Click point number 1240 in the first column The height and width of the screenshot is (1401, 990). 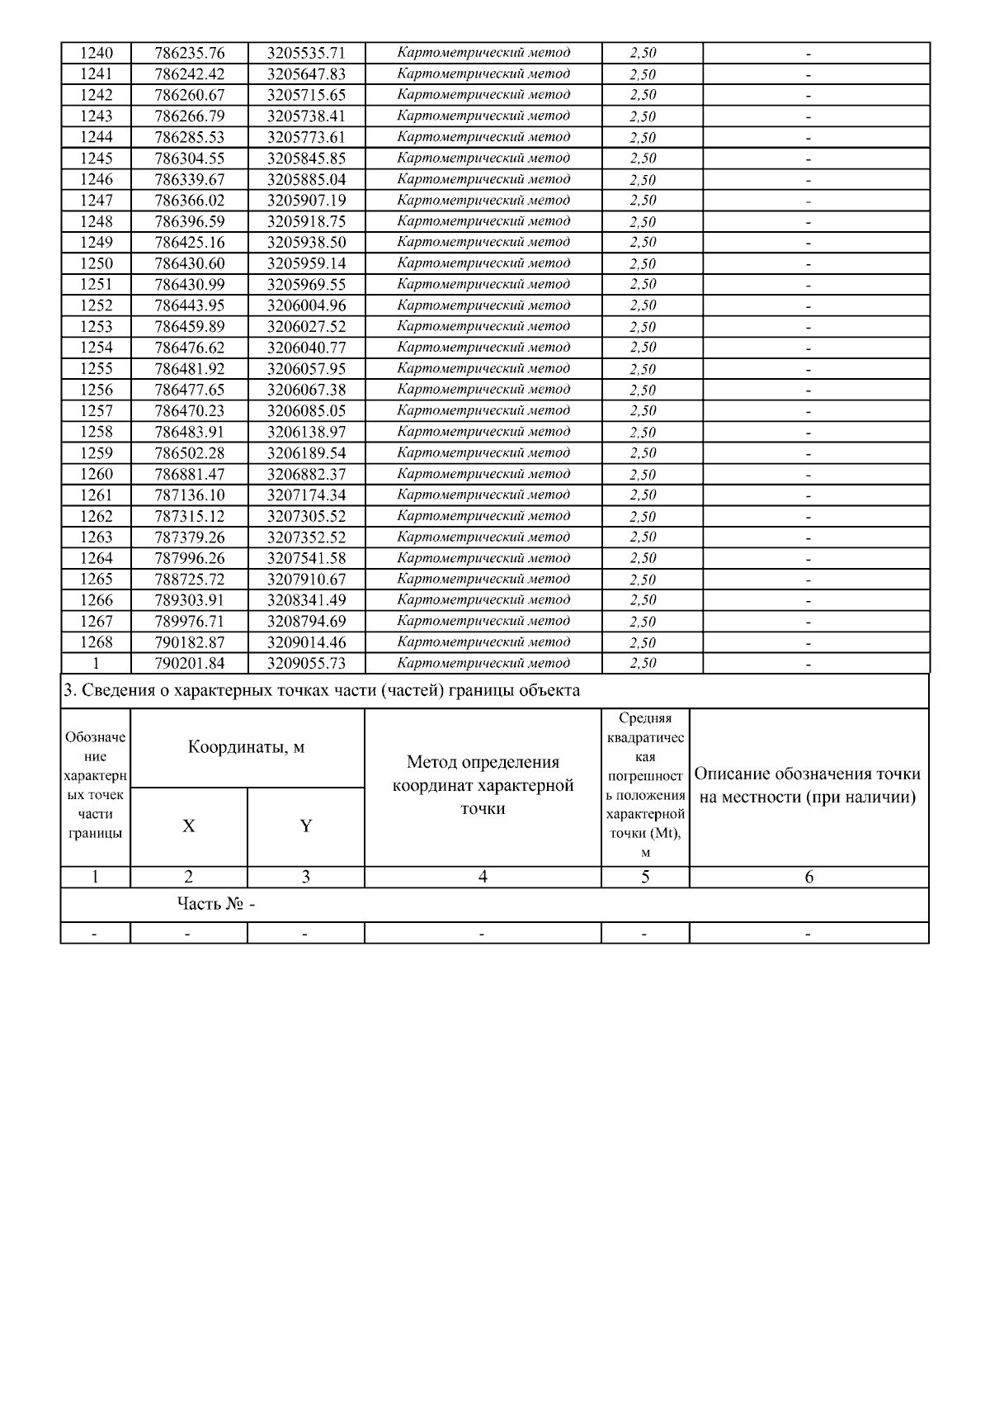pos(96,53)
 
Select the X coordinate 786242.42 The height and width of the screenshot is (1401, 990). pos(189,74)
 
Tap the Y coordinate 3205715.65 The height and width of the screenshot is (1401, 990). pos(306,95)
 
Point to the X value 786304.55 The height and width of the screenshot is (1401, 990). pos(189,159)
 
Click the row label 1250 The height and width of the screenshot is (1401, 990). pos(96,263)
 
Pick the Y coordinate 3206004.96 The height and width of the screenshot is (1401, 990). pos(306,305)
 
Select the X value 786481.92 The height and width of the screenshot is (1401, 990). pos(189,369)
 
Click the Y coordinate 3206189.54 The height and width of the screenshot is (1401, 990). pos(306,453)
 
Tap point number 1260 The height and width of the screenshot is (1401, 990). pos(96,474)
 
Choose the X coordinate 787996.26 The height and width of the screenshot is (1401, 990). pos(189,558)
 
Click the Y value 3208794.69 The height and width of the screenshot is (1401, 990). pos(306,621)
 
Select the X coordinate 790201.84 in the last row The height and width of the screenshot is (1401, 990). pos(189,663)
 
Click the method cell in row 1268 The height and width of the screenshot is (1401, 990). pos(483,641)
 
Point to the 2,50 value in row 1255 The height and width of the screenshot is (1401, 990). pos(643,369)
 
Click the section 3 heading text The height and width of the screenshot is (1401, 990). pos(322,690)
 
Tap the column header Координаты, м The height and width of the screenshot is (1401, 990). pos(247,747)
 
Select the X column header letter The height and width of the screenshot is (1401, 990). pos(189,826)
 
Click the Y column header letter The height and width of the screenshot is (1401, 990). pos(306,826)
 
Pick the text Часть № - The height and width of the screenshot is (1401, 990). pos(216,904)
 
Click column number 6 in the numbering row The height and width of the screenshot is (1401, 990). pos(808,877)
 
